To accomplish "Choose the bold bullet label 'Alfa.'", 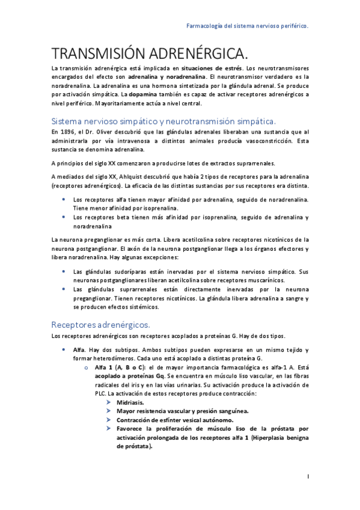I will pyautogui.click(x=79, y=350).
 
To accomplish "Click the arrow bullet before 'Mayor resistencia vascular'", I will pyautogui.click(x=108, y=411).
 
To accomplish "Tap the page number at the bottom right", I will pyautogui.click(x=307, y=477).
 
